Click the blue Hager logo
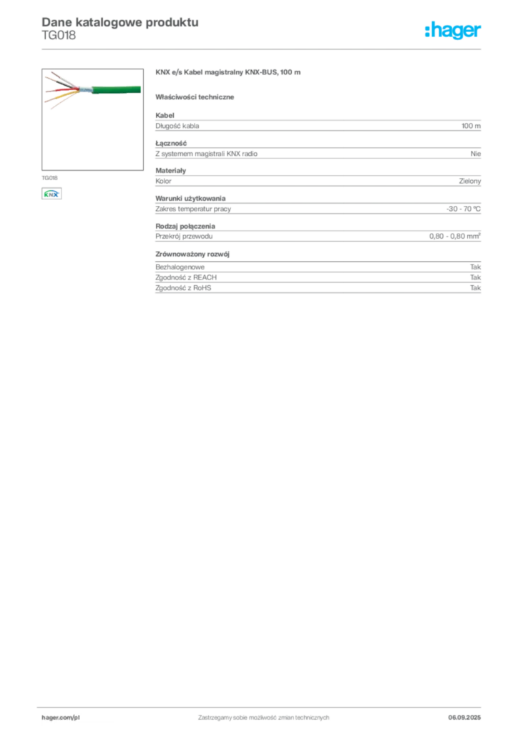[x=454, y=31]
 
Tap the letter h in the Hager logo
[x=428, y=30]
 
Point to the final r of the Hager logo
[x=480, y=31]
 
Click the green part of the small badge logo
[x=47, y=192]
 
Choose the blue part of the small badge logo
[x=52, y=194]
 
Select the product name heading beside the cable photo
[x=229, y=73]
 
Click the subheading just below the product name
[x=197, y=97]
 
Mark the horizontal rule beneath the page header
[x=263, y=49]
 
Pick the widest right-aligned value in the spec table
[x=455, y=236]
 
